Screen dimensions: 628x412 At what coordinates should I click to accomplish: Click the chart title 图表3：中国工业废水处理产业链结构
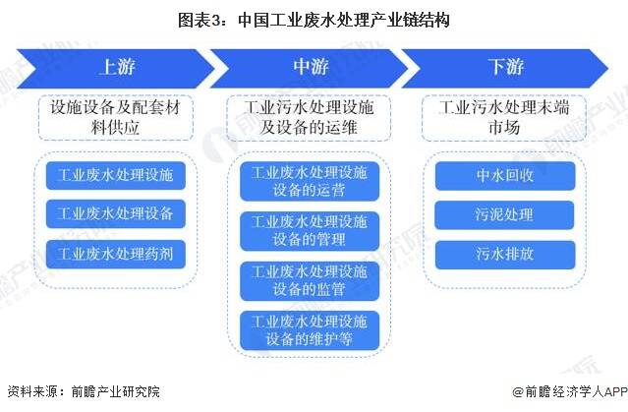pos(314,20)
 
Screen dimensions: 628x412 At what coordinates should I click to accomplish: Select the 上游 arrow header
pos(116,68)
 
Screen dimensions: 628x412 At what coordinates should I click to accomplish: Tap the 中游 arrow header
pos(310,68)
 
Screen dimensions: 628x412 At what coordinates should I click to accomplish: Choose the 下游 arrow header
pos(505,68)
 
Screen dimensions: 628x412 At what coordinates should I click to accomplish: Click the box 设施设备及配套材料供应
pos(116,117)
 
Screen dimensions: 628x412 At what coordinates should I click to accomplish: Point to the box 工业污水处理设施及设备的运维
pos(309,118)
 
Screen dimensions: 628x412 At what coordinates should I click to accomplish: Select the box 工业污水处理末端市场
pos(504,118)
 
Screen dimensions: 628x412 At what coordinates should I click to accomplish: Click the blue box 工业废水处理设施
pos(116,176)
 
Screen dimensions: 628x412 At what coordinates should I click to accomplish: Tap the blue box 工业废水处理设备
pos(116,213)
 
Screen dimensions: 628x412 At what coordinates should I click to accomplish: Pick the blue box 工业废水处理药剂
pos(116,254)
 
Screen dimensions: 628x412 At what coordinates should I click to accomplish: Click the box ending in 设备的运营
pos(310,181)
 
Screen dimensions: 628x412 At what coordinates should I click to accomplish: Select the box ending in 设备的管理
pos(310,231)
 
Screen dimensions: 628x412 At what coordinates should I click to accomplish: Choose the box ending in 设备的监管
pos(310,280)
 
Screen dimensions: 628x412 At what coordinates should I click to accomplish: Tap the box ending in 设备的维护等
pos(310,330)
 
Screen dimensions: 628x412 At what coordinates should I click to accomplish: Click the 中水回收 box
pos(505,176)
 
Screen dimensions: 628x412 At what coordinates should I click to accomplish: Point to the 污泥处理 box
pos(504,214)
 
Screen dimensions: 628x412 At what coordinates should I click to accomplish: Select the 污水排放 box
pos(505,254)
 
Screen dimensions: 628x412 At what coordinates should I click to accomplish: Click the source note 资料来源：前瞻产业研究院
pos(84,391)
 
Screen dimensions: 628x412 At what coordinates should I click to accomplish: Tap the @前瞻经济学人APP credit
pos(570,391)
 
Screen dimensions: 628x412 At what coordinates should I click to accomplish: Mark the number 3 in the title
pos(216,21)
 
